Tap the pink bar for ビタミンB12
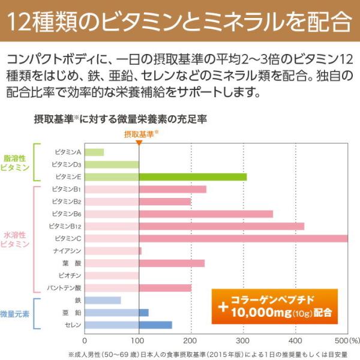pos(221,226)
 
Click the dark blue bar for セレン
pos(155,325)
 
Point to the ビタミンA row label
pos(68,152)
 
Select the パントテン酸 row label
pos(65,287)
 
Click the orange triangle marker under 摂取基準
pos(139,143)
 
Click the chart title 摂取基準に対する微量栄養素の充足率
pos(121,119)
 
